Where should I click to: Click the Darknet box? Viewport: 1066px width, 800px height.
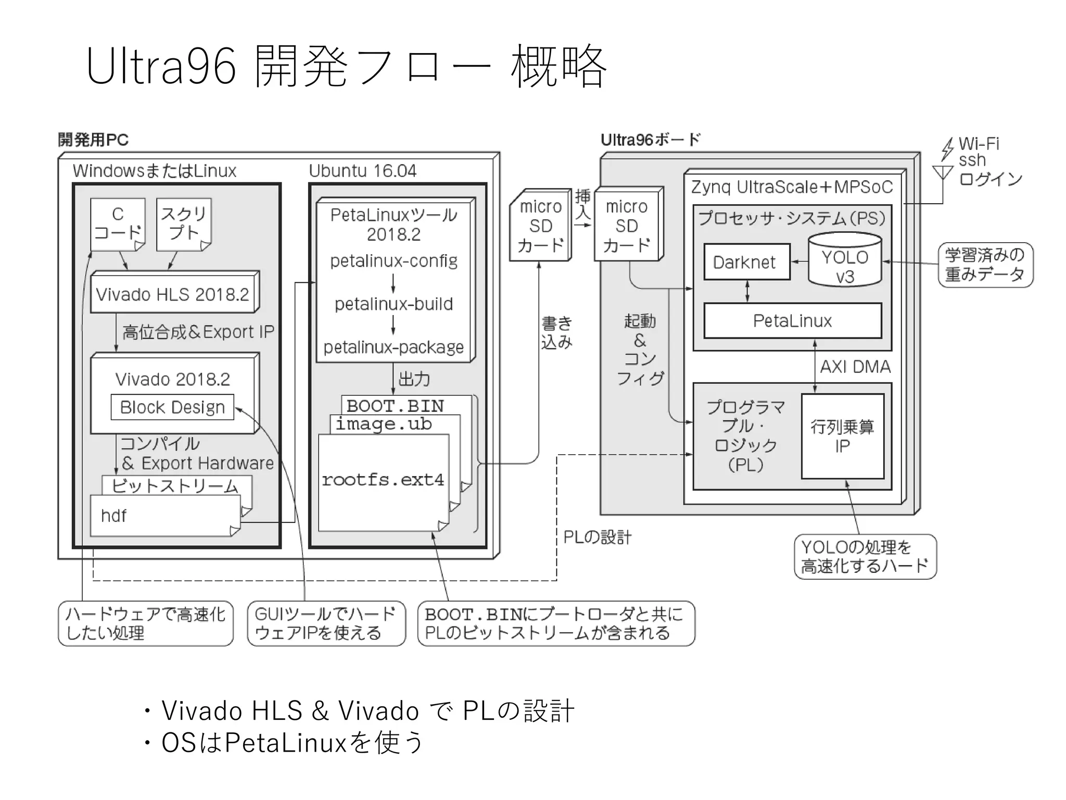746,262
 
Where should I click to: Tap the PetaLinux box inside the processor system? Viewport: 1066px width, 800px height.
792,321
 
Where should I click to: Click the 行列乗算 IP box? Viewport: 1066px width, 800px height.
842,436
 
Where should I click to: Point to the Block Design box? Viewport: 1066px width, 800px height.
172,407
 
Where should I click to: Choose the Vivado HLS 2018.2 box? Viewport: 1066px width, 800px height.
173,294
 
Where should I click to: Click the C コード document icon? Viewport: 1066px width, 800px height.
118,224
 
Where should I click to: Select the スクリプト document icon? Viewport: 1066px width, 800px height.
184,224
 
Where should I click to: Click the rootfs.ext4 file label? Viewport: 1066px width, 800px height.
383,480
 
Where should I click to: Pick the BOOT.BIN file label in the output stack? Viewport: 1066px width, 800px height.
395,406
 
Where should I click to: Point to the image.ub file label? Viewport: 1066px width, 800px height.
384,424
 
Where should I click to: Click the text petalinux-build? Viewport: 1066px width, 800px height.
394,304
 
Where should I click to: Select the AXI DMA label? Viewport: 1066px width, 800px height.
855,367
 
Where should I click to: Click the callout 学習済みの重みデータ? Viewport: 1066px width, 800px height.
985,265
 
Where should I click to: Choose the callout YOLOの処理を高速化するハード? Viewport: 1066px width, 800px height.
865,557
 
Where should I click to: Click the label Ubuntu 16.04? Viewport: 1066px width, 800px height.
363,171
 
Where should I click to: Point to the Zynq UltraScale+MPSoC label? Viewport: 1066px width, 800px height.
792,187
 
